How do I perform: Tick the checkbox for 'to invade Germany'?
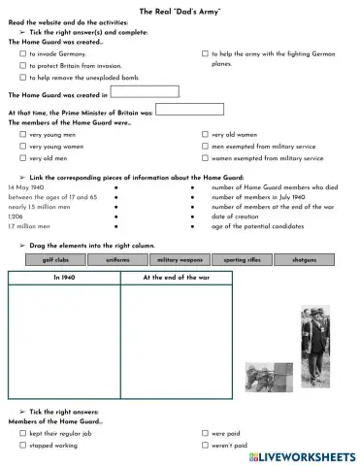23,54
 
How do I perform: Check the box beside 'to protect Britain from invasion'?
23,65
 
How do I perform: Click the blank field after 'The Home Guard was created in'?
146,93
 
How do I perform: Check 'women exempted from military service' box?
205,156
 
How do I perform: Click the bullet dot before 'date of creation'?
193,216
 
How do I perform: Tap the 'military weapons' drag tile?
180,260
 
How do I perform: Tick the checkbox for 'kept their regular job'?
23,433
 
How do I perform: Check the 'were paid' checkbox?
205,433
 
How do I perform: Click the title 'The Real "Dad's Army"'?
180,9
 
